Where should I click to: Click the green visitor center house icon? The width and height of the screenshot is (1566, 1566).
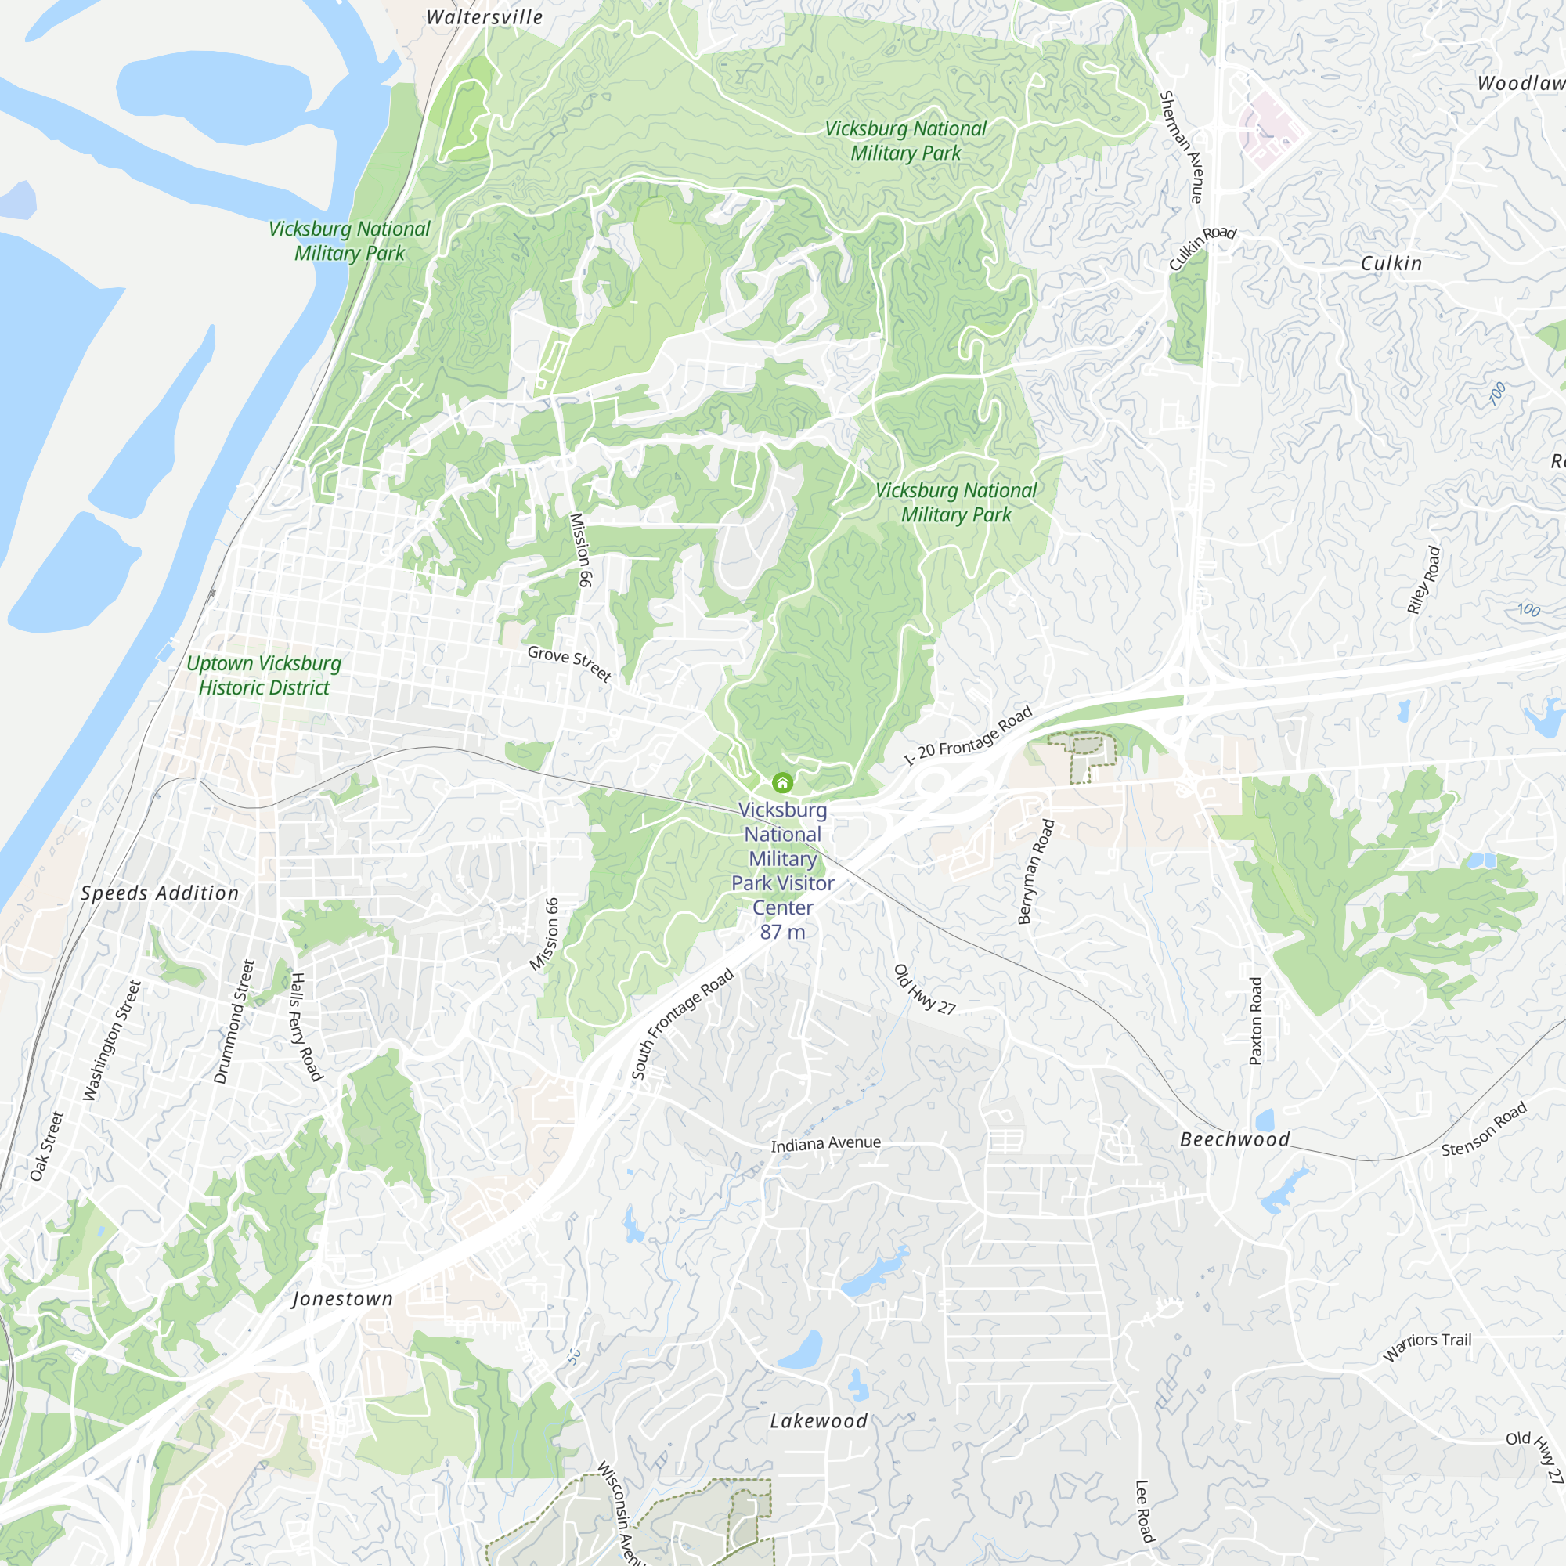(782, 782)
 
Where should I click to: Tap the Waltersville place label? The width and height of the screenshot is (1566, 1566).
(485, 17)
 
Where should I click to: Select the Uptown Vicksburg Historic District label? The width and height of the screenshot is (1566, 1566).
(264, 675)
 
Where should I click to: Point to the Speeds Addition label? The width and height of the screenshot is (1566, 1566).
(161, 893)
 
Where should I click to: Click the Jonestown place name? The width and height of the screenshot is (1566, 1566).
(342, 1298)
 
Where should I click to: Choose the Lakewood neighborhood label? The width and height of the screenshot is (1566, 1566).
(819, 1421)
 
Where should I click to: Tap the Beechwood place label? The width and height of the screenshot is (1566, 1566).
(1236, 1138)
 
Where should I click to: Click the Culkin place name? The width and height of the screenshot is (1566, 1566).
(1391, 263)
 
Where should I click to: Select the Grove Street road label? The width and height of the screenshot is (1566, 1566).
(569, 663)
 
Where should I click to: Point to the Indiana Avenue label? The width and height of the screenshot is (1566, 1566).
(826, 1144)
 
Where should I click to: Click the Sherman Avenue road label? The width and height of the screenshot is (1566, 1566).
(1182, 146)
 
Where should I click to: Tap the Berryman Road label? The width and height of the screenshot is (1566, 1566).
(1036, 871)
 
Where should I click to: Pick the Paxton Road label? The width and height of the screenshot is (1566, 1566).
(1256, 1020)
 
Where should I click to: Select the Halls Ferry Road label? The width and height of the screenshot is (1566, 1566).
(306, 1027)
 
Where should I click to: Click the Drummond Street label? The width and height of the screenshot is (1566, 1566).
(234, 1022)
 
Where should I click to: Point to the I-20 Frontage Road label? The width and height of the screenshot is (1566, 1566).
(969, 735)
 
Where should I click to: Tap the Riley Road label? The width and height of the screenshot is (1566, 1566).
(1424, 579)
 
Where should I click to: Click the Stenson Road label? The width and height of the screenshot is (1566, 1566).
(1484, 1128)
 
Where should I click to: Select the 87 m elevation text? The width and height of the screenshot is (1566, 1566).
(782, 932)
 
